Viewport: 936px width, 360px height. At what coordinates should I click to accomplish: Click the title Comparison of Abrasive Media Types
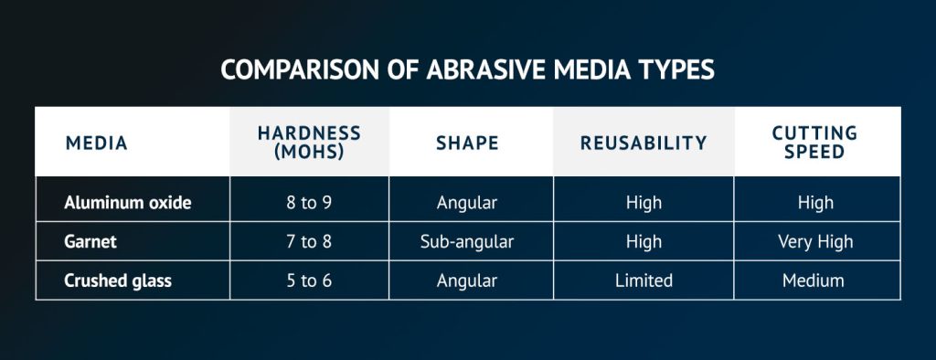(x=467, y=72)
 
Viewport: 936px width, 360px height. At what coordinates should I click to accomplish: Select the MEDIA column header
(x=97, y=143)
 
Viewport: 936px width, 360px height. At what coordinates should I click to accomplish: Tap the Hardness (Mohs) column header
(x=309, y=143)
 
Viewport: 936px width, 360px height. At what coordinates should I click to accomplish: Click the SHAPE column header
(x=467, y=143)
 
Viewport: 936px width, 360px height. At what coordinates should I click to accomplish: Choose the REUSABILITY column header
(x=643, y=143)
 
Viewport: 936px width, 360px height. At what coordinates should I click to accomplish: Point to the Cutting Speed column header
(x=814, y=143)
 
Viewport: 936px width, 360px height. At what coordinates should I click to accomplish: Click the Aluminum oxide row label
(x=128, y=203)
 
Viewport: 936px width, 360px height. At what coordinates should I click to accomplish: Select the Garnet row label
(x=91, y=242)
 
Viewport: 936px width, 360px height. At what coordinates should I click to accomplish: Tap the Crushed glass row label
(x=118, y=281)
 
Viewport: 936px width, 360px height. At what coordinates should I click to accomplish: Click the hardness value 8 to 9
(x=309, y=203)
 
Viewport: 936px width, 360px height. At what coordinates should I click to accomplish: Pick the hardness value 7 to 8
(x=309, y=242)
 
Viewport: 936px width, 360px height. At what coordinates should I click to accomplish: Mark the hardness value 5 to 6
(x=309, y=281)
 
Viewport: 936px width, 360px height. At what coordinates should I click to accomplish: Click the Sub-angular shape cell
(x=467, y=242)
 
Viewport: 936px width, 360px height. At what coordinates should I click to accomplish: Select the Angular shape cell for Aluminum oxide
(x=467, y=203)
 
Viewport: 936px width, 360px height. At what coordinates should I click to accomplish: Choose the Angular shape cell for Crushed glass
(x=467, y=281)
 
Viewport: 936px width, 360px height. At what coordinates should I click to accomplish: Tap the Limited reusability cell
(x=643, y=281)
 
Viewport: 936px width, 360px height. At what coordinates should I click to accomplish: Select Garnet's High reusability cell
(x=643, y=242)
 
